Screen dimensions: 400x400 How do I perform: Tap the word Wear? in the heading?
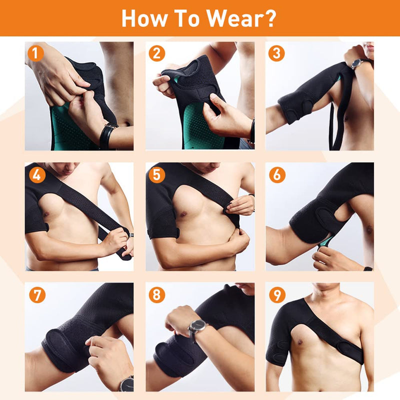[242, 18]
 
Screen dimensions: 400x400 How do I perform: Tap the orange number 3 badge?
[276, 52]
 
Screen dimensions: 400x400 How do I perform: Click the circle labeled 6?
[276, 175]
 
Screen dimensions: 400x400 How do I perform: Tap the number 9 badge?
[276, 294]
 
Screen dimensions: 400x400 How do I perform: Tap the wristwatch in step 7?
[126, 383]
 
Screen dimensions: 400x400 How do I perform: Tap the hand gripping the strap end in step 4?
[117, 239]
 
